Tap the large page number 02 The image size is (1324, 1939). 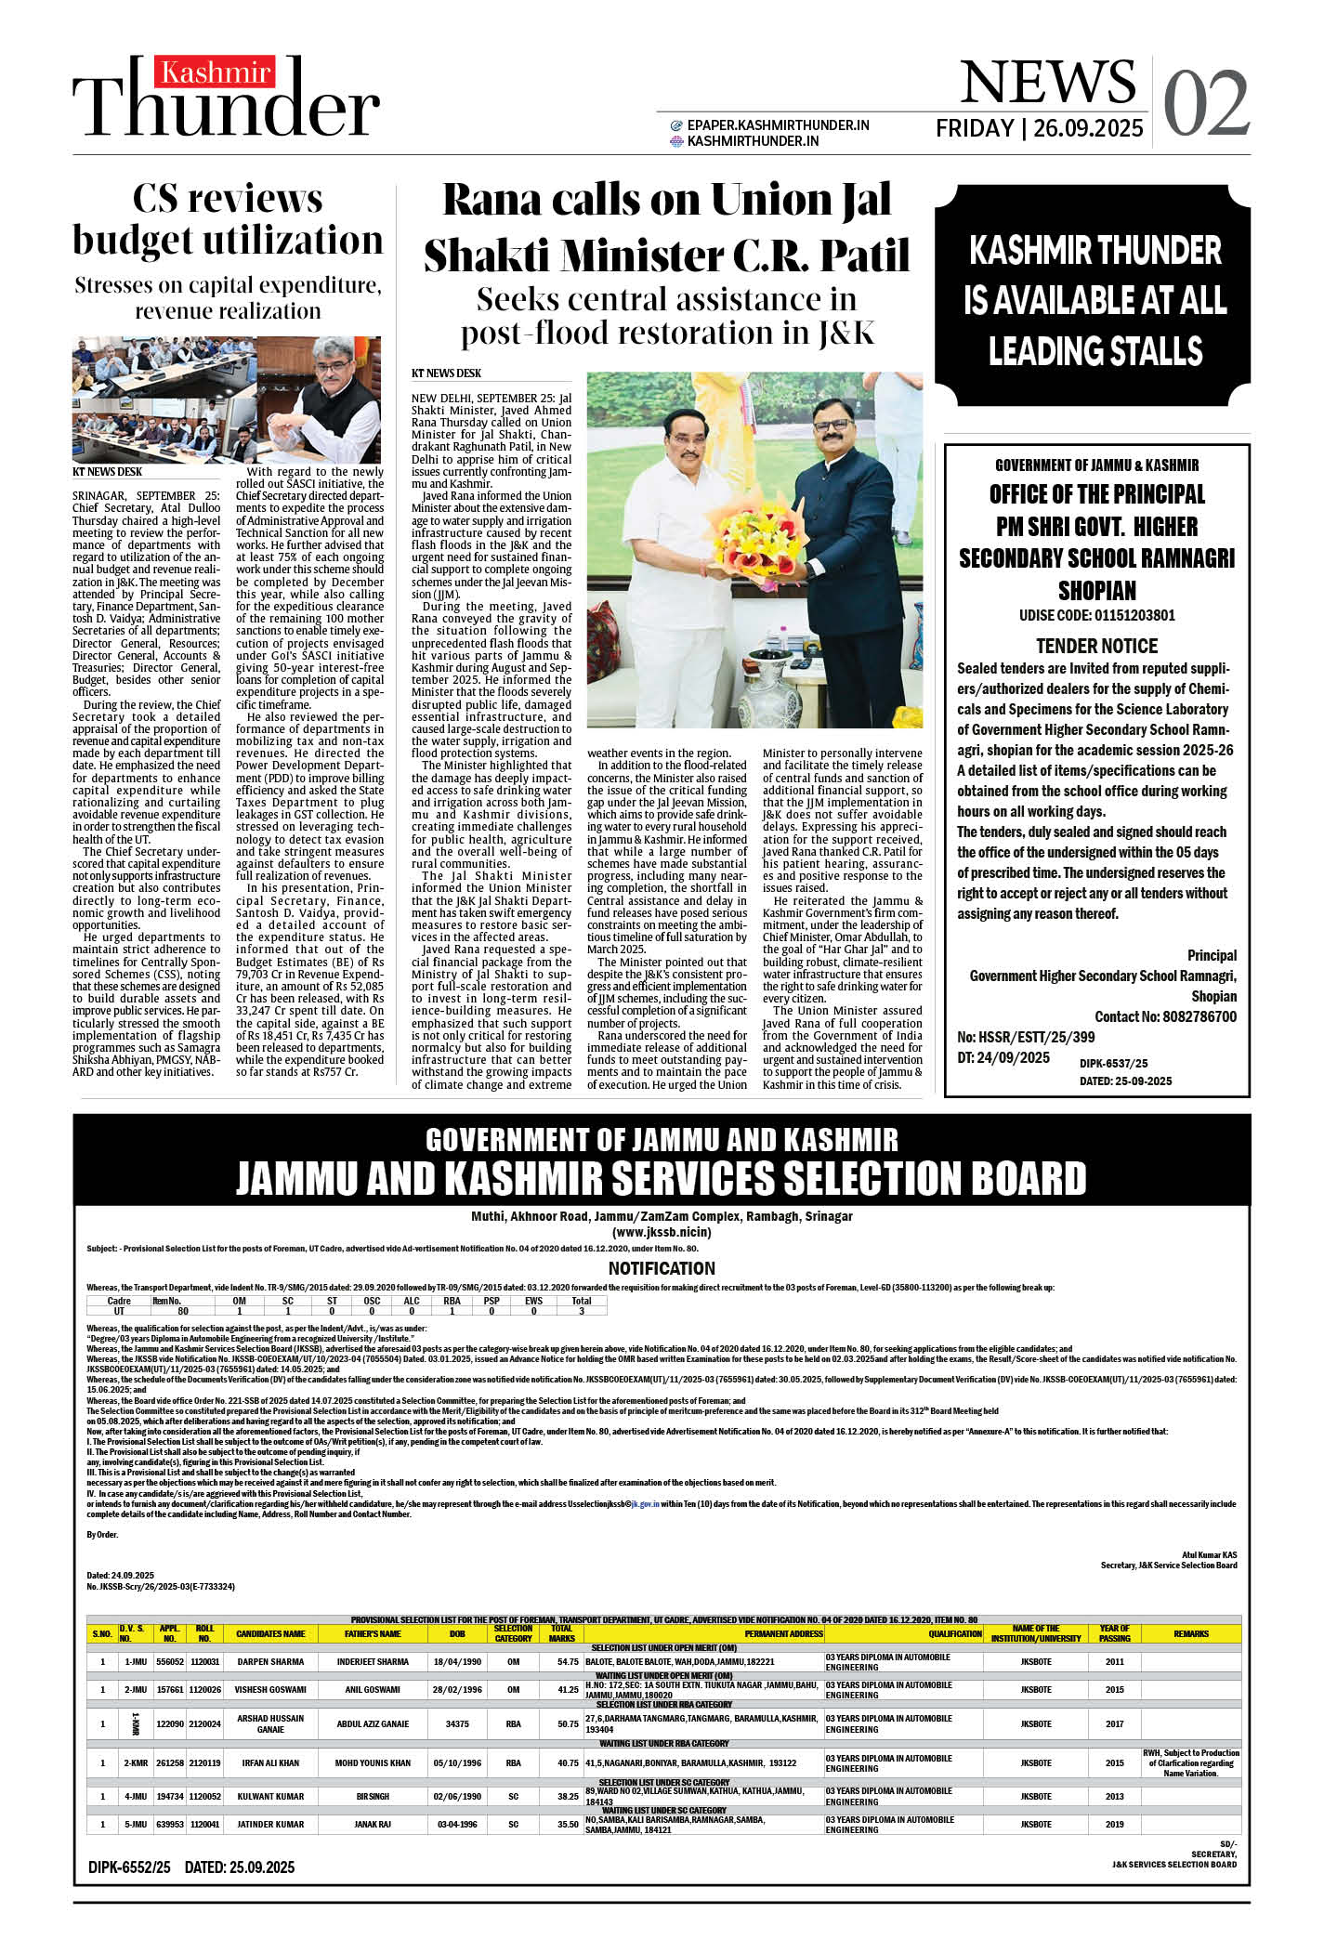(1205, 103)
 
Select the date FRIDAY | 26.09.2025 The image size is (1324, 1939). (1039, 128)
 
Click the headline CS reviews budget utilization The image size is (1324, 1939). (228, 219)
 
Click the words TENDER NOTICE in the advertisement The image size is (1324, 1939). (1096, 646)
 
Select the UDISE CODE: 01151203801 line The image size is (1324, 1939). (1096, 615)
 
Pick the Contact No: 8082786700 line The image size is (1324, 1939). (1165, 1016)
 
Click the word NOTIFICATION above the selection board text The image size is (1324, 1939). (662, 1268)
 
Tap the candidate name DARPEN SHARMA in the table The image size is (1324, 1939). (270, 1661)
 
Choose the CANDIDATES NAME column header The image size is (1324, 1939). (270, 1633)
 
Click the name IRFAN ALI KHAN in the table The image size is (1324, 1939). (270, 1762)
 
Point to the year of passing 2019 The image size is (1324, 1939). (1114, 1824)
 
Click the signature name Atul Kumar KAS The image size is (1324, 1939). (1209, 1554)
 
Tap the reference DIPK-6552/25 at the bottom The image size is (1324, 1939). (130, 1867)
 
